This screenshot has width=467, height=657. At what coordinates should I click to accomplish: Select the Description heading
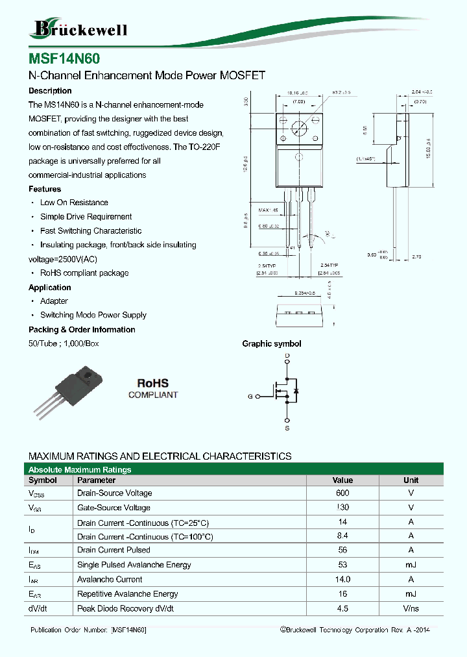coord(50,91)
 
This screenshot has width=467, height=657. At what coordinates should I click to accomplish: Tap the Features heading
coord(45,189)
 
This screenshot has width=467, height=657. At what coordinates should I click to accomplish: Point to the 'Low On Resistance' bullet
coord(74,203)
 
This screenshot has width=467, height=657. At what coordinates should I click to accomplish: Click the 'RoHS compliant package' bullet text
coord(84,273)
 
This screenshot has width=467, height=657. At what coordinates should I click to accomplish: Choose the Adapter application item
coord(54,301)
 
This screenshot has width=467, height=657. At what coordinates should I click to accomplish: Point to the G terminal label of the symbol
coord(250,396)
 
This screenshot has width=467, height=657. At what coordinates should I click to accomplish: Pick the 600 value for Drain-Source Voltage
coord(342,493)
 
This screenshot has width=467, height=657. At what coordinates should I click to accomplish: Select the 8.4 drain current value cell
coord(342,536)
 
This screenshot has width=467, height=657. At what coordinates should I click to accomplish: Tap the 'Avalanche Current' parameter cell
coord(110,579)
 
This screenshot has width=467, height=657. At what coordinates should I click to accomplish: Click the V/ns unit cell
coord(411,609)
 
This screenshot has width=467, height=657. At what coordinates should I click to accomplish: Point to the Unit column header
coord(411,480)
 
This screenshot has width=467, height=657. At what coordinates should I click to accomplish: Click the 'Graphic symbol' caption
coord(271,344)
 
